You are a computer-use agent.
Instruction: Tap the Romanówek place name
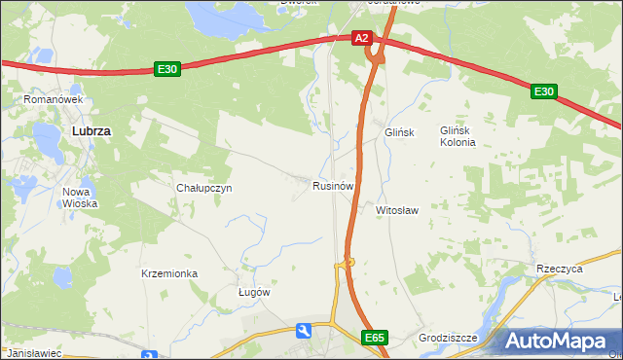56,99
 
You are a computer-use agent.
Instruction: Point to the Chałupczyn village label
203,188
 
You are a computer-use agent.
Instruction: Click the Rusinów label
332,185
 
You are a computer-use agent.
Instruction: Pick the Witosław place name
397,209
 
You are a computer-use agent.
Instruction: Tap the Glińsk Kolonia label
458,136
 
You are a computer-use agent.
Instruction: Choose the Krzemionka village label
169,273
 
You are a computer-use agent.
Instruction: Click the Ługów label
254,292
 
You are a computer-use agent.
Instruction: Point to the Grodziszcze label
448,338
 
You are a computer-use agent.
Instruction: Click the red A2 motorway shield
361,38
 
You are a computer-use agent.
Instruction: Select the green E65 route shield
375,338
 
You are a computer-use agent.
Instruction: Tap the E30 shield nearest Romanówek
166,69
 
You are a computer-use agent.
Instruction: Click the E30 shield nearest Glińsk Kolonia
543,91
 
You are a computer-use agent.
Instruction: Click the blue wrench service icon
305,332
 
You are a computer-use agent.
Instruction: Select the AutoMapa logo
563,342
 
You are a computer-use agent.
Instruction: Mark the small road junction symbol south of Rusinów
348,262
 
